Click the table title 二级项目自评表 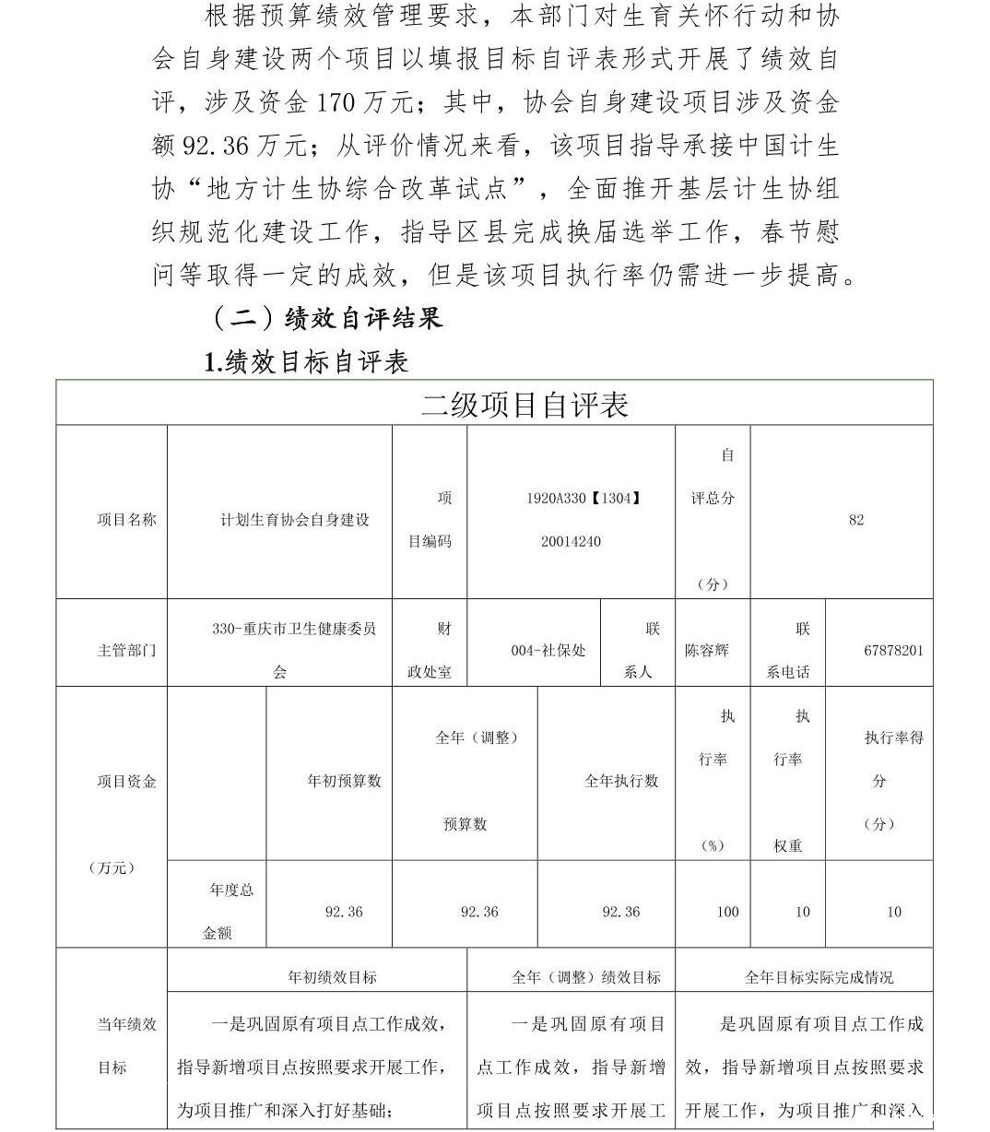524,405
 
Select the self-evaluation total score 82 856,520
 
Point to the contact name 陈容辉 707,650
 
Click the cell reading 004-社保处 548,650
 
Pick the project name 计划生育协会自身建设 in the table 294,520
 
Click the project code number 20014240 571,541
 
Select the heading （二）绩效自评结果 327,318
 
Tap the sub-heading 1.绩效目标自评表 306,361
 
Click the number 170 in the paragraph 336,102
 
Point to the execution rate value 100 727,912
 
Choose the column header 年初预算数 344,781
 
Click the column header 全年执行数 621,781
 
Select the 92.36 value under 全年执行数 620,912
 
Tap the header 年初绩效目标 332,977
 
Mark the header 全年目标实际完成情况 819,977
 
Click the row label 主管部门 126,650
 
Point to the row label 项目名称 126,520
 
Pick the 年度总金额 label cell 218,912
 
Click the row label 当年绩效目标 126,1045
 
